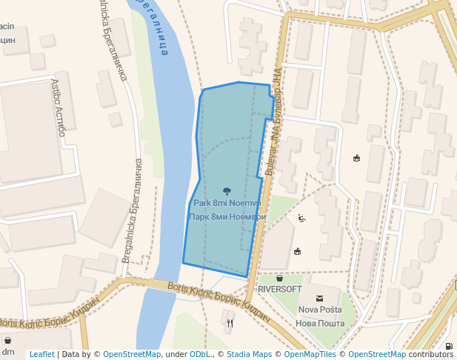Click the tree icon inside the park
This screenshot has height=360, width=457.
pos(227,191)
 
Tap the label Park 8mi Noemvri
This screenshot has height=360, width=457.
pos(226,203)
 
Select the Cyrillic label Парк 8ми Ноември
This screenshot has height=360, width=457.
pos(226,216)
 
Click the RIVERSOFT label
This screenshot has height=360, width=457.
pos(279,289)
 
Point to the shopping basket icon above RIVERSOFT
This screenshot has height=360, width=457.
pos(279,278)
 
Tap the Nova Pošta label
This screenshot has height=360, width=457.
pos(320,310)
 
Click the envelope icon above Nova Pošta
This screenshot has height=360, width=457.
pos(320,297)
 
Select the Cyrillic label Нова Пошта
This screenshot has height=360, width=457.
pos(320,323)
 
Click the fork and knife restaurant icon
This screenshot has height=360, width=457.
pos(230,323)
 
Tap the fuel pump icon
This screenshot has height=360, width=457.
pos(449,347)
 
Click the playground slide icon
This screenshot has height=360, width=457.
pos(301,218)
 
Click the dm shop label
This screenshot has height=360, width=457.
pos(8,352)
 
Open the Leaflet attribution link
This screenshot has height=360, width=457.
pos(41,355)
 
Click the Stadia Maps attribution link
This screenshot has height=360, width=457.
pos(249,355)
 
